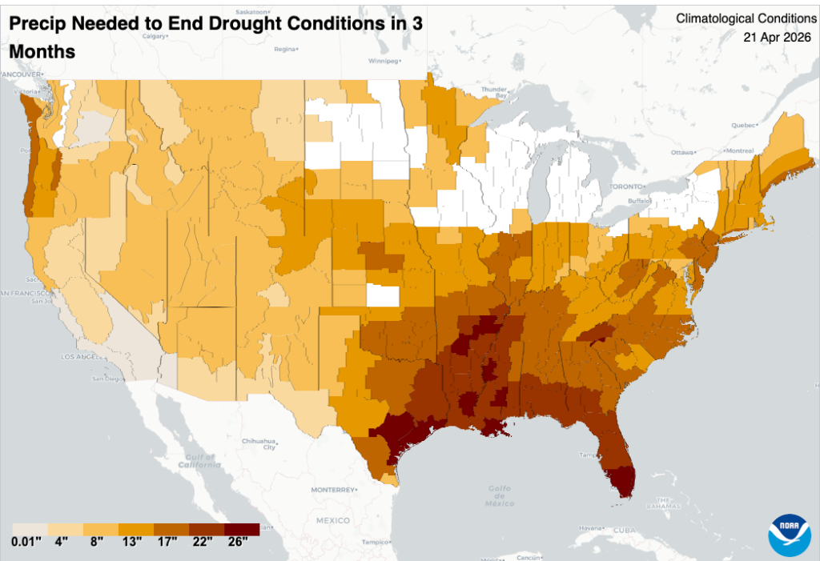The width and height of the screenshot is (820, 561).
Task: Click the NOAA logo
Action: (790, 535)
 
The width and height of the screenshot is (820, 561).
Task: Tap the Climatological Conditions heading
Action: (746, 18)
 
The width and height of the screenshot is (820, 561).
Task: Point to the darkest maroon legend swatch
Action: (242, 529)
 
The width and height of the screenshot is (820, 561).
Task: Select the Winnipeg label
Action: (382, 61)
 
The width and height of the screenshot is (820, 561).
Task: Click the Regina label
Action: (284, 49)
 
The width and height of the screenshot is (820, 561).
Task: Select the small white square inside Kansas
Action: (383, 296)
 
